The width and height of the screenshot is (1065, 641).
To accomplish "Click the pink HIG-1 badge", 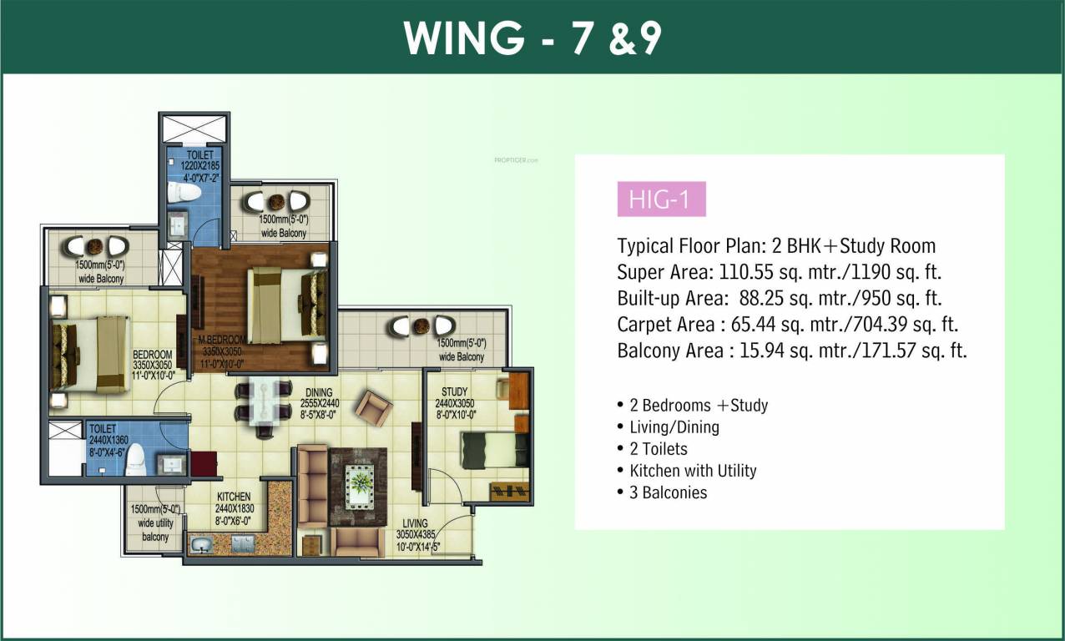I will click(x=661, y=200).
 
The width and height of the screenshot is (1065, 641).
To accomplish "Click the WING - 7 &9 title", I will click(x=532, y=38).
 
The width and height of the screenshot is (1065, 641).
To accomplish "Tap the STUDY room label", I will click(x=454, y=391).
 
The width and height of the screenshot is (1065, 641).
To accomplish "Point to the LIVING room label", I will click(x=414, y=523).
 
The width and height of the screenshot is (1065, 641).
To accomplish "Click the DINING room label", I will click(x=319, y=391).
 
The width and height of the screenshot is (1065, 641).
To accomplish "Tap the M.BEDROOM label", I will click(x=221, y=340).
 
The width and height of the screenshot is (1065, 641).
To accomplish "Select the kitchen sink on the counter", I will click(x=200, y=546).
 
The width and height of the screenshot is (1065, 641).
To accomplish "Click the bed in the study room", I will click(x=494, y=450).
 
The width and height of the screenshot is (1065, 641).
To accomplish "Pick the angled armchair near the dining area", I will click(x=373, y=408).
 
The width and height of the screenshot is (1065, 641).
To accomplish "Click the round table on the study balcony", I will click(x=421, y=326).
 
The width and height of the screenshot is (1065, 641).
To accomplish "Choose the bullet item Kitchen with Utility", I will click(x=693, y=471).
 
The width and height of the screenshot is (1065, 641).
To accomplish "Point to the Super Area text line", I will click(x=781, y=272).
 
